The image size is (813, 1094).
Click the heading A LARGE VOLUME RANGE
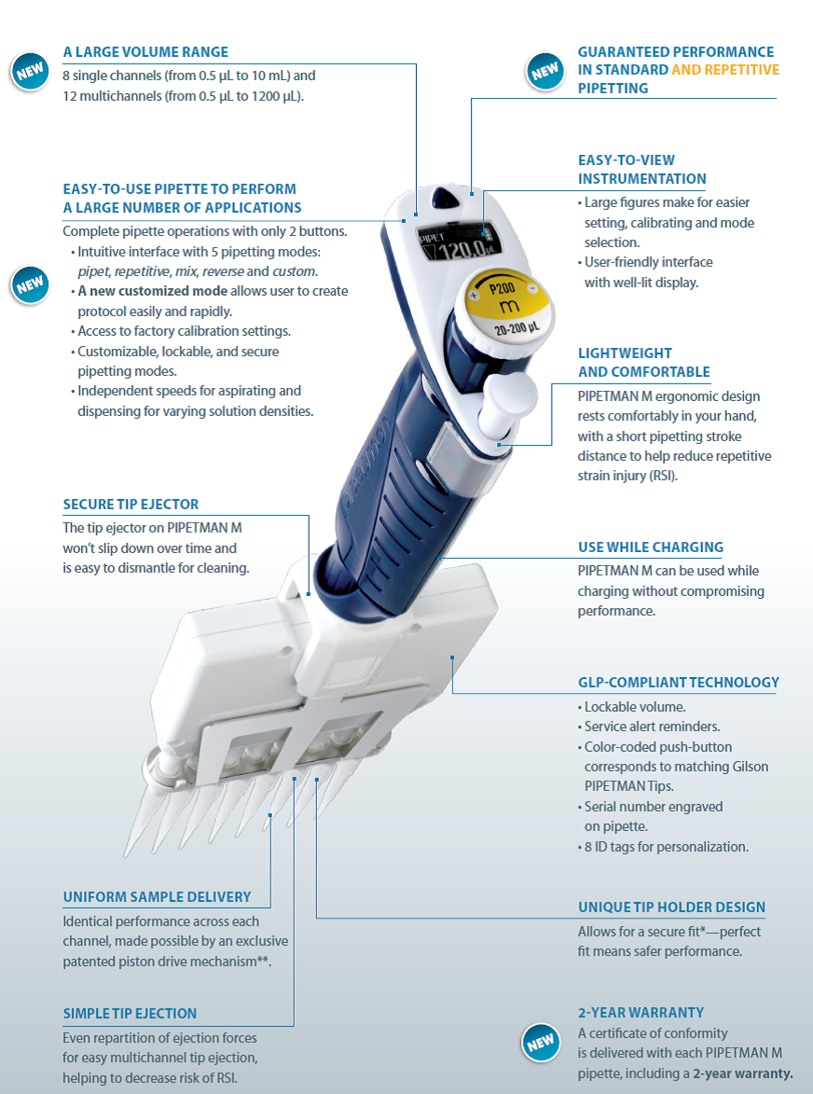tap(145, 52)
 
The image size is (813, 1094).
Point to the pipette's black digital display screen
tap(451, 243)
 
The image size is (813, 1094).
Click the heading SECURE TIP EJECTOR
tap(131, 505)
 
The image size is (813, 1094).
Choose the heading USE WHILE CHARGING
tap(651, 547)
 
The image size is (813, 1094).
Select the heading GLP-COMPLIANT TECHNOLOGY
tap(679, 683)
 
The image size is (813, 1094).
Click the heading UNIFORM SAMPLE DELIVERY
tap(157, 897)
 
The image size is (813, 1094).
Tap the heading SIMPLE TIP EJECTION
tap(130, 1014)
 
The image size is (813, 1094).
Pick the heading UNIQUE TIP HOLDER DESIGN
tap(671, 907)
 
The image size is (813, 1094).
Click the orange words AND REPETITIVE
tap(725, 70)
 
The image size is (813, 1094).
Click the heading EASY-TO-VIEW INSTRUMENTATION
tap(642, 170)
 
